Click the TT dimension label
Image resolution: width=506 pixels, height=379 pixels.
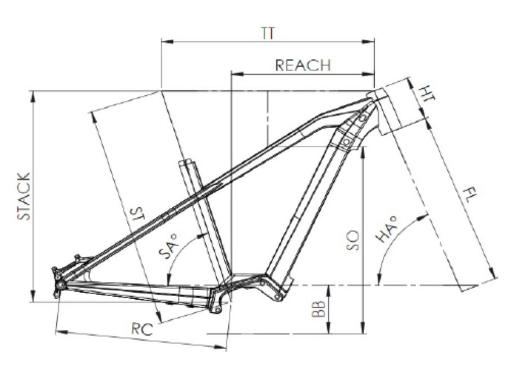click(268, 34)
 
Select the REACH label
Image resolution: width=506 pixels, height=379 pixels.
click(303, 65)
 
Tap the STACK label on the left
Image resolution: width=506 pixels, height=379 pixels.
click(24, 196)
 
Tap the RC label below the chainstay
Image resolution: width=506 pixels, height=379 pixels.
click(142, 329)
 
